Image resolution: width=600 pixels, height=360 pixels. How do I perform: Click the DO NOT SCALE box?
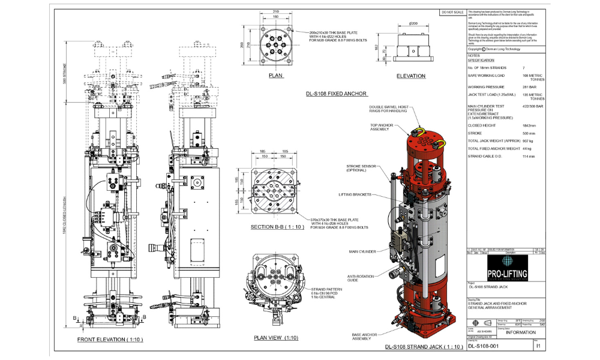point(452,12)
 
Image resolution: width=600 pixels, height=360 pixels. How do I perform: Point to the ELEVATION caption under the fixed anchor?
point(411,76)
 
